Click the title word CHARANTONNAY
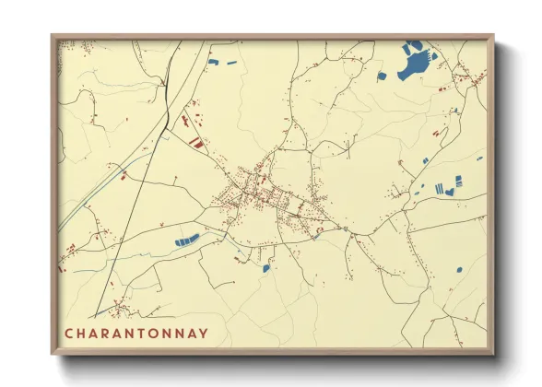(x=135, y=333)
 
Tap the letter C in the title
(x=68, y=333)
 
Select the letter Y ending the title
(x=203, y=333)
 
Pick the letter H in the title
(x=81, y=333)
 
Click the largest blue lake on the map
(x=416, y=64)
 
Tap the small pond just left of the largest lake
(x=382, y=76)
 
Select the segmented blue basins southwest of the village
(x=187, y=240)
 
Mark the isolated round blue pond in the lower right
(x=458, y=270)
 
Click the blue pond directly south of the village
(x=266, y=268)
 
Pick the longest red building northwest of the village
(x=196, y=143)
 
